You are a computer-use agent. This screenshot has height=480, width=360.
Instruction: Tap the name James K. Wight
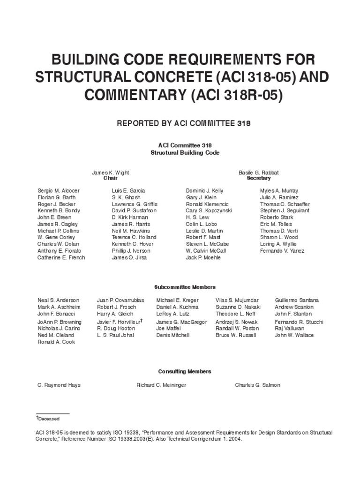click(110, 172)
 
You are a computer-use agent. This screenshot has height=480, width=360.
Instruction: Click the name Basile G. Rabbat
click(258, 172)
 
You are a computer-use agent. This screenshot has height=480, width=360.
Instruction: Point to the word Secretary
click(258, 179)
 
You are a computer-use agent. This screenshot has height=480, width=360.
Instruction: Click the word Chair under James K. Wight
click(110, 179)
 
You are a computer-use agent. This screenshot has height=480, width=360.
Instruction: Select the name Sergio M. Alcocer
click(59, 191)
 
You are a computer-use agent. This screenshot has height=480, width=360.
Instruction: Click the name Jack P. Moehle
click(203, 258)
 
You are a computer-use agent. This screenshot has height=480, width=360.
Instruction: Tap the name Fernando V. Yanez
click(282, 251)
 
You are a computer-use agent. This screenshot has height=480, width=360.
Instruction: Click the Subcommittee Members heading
click(185, 287)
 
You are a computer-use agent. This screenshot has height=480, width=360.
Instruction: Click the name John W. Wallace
click(294, 335)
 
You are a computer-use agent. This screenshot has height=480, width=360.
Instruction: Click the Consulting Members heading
click(185, 371)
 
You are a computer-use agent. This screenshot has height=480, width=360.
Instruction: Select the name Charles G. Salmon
click(257, 385)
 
